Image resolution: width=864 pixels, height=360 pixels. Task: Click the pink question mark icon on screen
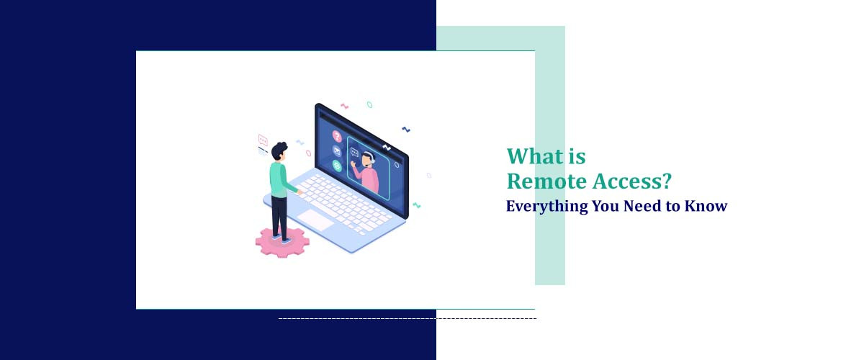[x=336, y=135]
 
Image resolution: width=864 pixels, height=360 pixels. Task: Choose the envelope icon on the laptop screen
[x=336, y=150]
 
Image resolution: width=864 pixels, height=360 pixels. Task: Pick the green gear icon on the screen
[x=337, y=166]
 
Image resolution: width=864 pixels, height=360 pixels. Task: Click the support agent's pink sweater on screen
[x=369, y=178]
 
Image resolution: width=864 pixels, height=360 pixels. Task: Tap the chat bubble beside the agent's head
[x=354, y=151]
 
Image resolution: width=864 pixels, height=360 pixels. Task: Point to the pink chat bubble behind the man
[x=263, y=140]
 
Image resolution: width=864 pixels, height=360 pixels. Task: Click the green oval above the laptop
[x=369, y=104]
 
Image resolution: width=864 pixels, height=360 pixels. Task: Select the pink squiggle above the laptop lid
[x=344, y=107]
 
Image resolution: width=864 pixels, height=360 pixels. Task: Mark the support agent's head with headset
[x=367, y=158]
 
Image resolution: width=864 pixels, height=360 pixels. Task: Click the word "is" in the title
[x=576, y=156]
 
